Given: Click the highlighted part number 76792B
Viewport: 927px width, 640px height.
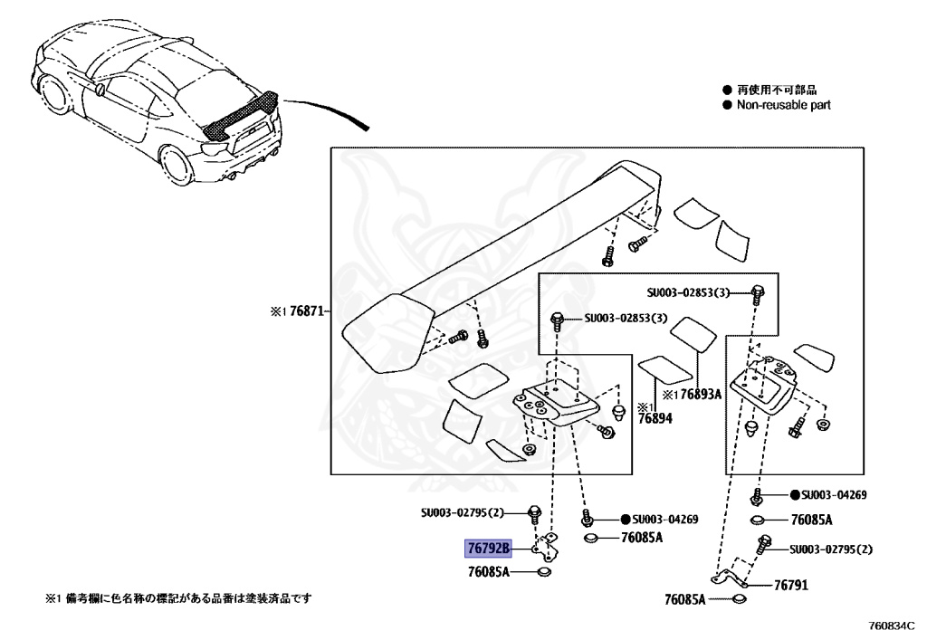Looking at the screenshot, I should (489, 549).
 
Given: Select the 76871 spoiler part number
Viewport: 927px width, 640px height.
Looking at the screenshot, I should (305, 310).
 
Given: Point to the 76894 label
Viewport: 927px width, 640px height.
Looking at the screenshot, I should (655, 419).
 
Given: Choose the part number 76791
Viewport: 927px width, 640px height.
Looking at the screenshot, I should (790, 586).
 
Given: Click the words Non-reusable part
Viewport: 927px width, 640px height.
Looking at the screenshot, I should (783, 105).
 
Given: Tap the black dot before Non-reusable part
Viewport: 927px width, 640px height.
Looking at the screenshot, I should (726, 105).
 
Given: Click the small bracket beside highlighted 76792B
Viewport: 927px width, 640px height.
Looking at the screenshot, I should (548, 546).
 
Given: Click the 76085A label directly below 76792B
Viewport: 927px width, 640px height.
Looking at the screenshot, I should (489, 572).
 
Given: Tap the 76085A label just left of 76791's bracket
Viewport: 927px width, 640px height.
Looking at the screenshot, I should (690, 599).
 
